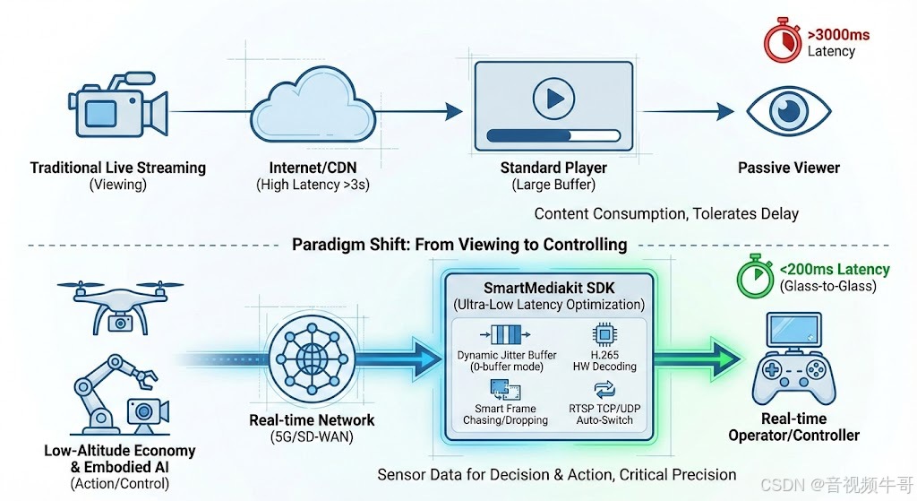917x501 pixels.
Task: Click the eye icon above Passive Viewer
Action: [x=789, y=111]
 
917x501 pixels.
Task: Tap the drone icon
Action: [x=118, y=301]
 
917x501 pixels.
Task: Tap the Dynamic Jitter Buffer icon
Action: [x=505, y=334]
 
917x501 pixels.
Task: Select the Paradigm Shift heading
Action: [x=459, y=245]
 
